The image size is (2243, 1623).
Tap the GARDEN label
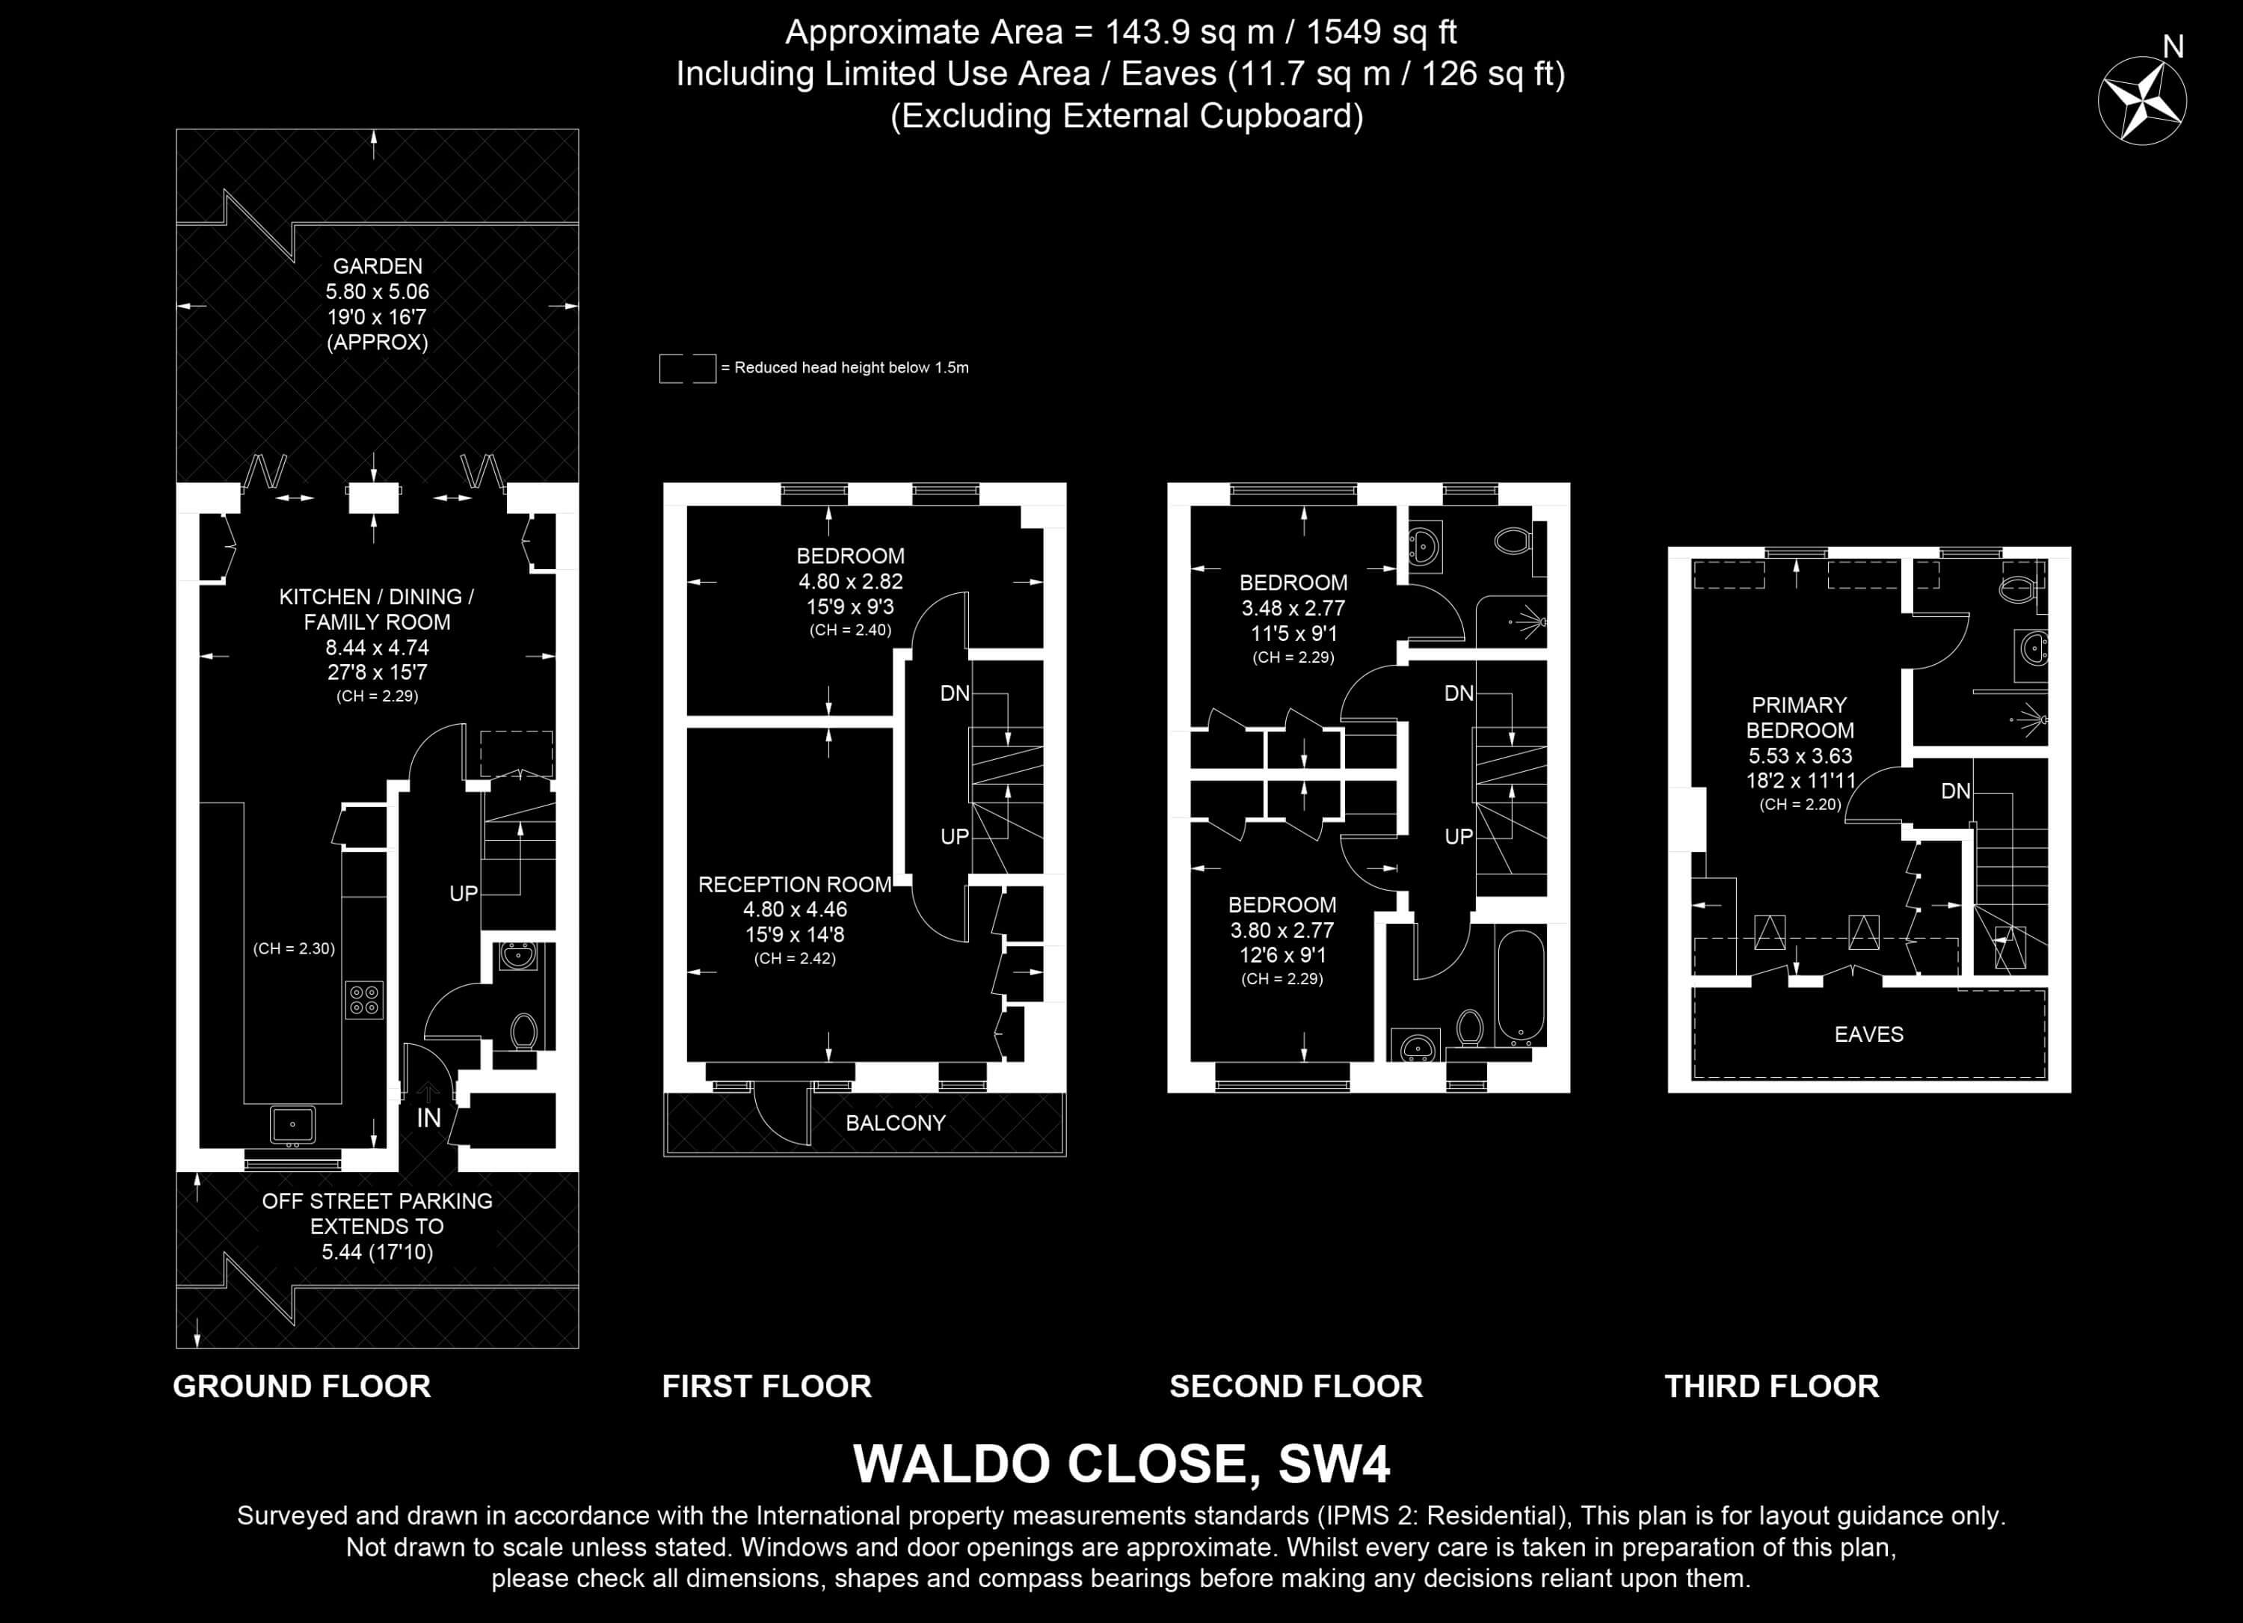(377, 266)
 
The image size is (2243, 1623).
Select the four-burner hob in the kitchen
(364, 1000)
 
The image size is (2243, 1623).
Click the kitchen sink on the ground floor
(293, 1125)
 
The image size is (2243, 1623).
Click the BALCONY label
(895, 1123)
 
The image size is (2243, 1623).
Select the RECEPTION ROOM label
(794, 884)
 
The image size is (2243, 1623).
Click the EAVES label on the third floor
(1868, 1034)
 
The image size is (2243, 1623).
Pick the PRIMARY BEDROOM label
(1799, 718)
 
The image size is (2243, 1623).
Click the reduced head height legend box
(687, 368)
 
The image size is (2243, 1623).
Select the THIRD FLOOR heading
(1771, 1386)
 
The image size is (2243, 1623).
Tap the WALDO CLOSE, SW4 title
(1121, 1464)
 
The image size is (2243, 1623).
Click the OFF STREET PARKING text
(377, 1200)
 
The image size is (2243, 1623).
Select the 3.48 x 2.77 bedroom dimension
(1293, 608)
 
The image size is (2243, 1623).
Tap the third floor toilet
(2017, 589)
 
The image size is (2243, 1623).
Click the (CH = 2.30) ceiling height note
(294, 948)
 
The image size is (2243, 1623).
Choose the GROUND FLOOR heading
(301, 1386)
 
